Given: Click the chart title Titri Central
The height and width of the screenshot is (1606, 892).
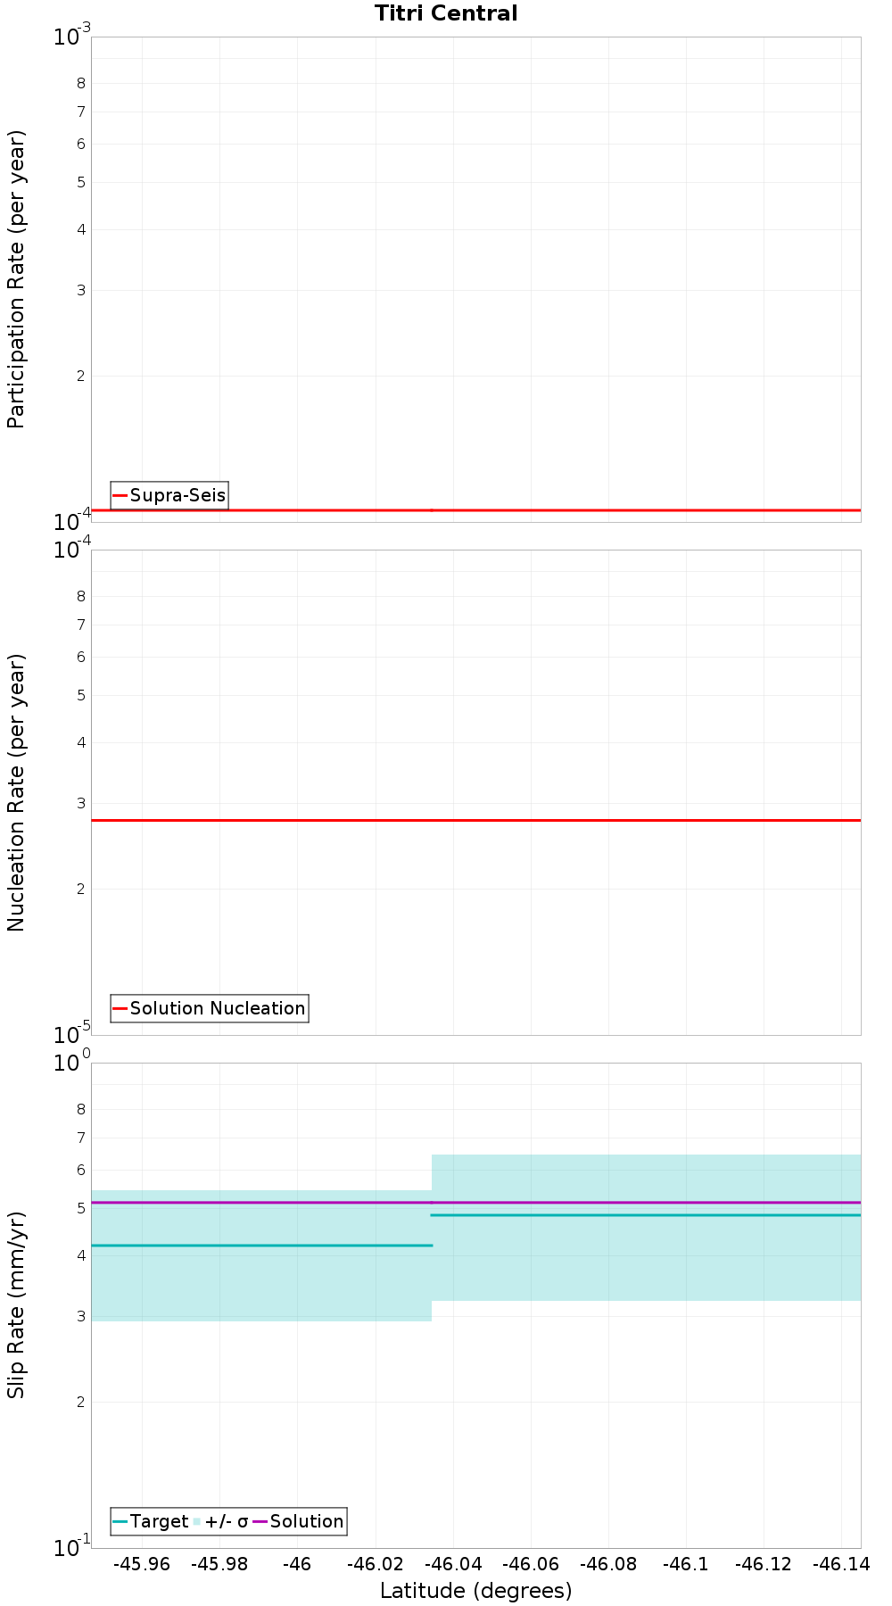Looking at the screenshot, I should pyautogui.click(x=446, y=13).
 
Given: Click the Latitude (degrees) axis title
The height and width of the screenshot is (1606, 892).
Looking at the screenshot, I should pyautogui.click(x=475, y=1591).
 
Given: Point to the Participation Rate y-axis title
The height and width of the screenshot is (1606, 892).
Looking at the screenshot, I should pyautogui.click(x=16, y=279).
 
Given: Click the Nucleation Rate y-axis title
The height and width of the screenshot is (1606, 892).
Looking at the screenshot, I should pyautogui.click(x=16, y=792).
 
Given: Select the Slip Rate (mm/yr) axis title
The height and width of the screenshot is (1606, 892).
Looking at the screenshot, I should pyautogui.click(x=16, y=1304).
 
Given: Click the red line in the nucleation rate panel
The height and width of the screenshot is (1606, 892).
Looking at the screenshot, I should pyautogui.click(x=475, y=820).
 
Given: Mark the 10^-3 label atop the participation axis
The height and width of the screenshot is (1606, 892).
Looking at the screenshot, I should pyautogui.click(x=71, y=37).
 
